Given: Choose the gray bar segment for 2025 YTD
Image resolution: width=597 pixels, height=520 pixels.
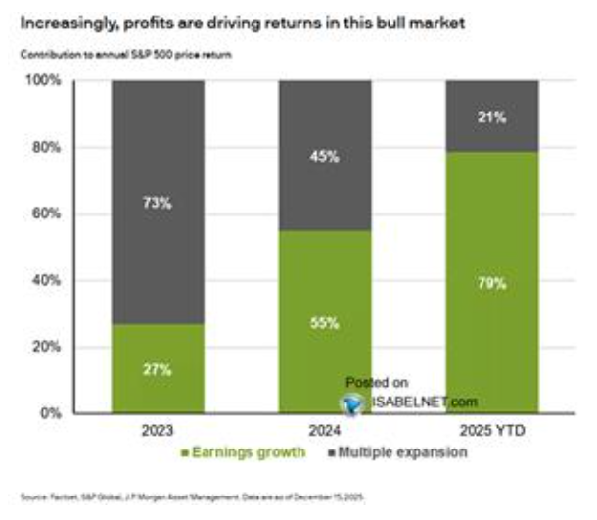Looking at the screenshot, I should pos(491,116).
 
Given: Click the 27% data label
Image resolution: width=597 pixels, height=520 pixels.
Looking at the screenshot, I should pos(158,369).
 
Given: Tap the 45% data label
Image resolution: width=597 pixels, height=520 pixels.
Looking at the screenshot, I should pos(325,157).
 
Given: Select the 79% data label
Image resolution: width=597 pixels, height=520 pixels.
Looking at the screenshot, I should pos(491,284).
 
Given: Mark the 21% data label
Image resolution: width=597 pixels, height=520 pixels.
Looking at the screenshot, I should pos(491,118).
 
